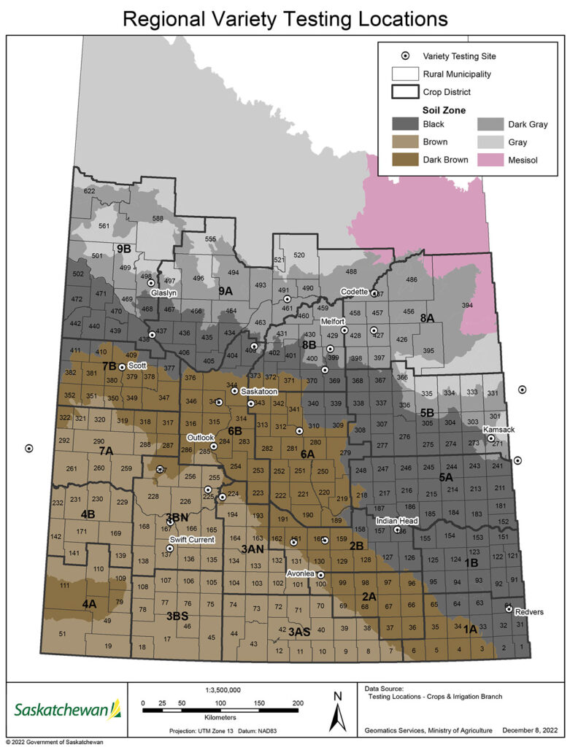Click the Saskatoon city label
coord(258,391)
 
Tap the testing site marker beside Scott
coord(121,367)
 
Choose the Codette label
coord(356,292)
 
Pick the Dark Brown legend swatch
coord(404,160)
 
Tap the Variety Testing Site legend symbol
coord(404,55)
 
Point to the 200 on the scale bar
coord(297,703)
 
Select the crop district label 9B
coord(123,249)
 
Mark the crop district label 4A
coord(89,604)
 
